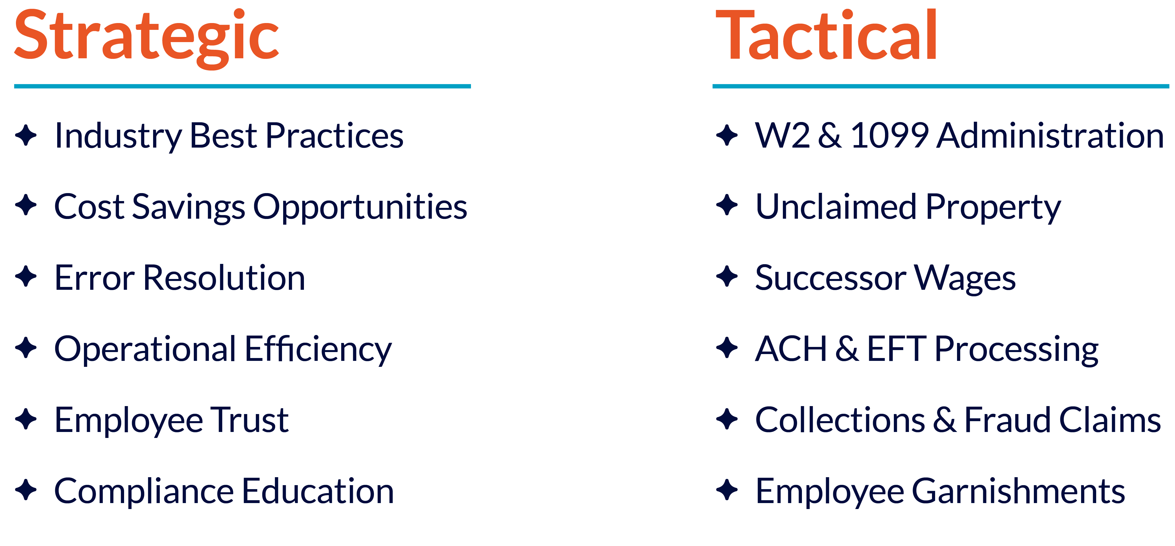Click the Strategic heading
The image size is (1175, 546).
click(146, 36)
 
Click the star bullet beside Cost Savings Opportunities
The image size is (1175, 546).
click(26, 205)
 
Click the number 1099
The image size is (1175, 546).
click(890, 136)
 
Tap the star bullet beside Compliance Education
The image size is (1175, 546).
click(26, 490)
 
